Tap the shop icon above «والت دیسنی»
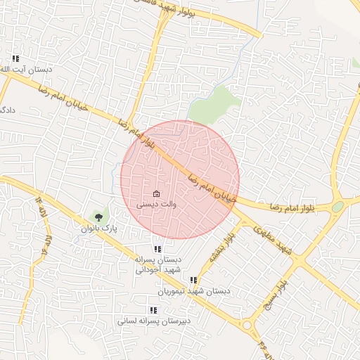(156, 193)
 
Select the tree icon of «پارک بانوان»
(98, 218)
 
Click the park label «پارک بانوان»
(98, 229)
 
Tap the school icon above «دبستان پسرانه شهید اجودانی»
(158, 249)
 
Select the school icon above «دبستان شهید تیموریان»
(193, 281)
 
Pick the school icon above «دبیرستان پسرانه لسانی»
(153, 310)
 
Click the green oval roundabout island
(338, 207)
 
